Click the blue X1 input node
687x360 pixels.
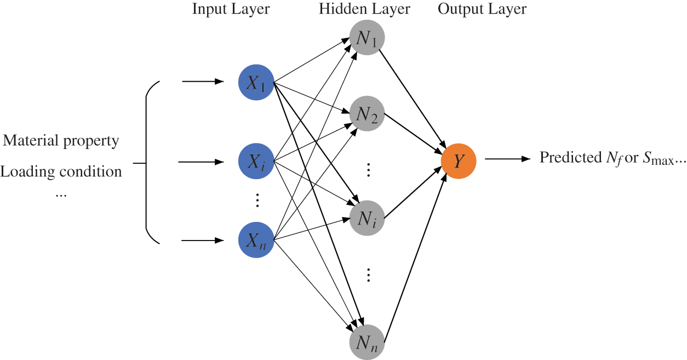click(x=256, y=83)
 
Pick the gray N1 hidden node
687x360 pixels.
click(x=367, y=37)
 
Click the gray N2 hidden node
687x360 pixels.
click(x=367, y=114)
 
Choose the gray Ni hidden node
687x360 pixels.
click(x=367, y=219)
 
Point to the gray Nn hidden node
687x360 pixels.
click(x=367, y=342)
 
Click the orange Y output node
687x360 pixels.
click(x=459, y=161)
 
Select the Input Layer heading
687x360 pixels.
click(x=231, y=10)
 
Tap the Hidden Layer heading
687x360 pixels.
click(x=364, y=10)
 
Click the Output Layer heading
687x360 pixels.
click(x=482, y=10)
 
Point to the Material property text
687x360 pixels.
click(x=61, y=141)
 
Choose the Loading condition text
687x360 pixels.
click(x=61, y=172)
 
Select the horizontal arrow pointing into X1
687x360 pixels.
click(x=203, y=82)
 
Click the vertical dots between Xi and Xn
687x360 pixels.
click(x=256, y=201)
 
